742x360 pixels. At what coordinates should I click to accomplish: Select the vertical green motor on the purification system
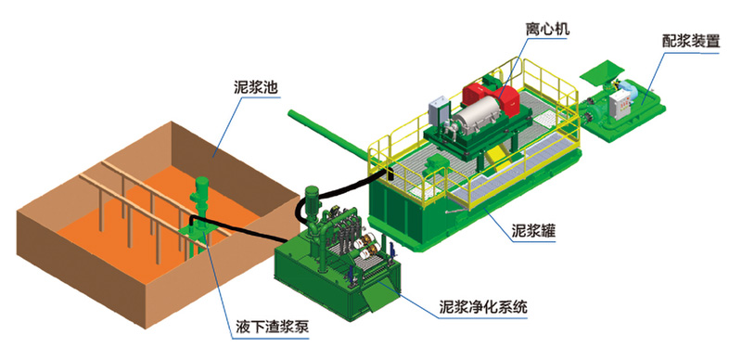[x=313, y=200]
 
